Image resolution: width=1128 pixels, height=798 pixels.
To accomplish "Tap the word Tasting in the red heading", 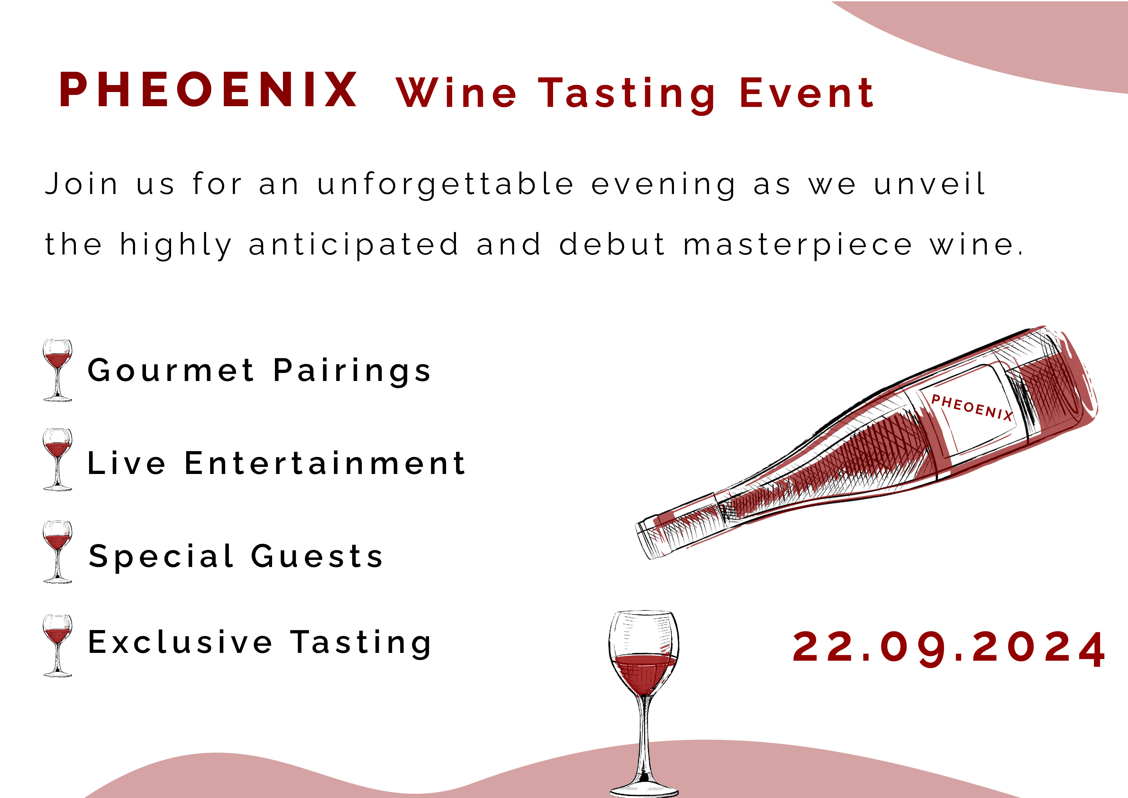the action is pos(627,94).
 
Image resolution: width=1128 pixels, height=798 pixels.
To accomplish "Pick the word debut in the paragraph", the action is pos(612,244).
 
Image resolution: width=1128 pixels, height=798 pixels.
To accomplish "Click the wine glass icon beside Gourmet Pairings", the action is pos(58,370).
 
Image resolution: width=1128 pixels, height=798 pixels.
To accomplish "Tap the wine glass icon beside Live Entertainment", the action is pos(58,459).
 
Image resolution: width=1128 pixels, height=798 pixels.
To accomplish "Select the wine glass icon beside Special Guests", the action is pos(58,552).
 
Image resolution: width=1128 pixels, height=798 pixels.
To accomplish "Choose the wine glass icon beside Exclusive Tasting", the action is pos(58,645).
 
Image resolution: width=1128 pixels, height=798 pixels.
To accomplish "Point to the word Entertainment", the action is pos(325,463).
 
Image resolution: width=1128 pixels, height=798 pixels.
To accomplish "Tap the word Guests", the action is pos(317,556).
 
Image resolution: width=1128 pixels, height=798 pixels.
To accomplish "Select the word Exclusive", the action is pos(180,642).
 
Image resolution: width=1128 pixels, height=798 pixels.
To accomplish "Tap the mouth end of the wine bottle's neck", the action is pos(645,539).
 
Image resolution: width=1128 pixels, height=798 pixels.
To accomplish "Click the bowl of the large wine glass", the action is pos(644,654).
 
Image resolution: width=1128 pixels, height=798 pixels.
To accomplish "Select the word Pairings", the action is pos(352,372).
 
